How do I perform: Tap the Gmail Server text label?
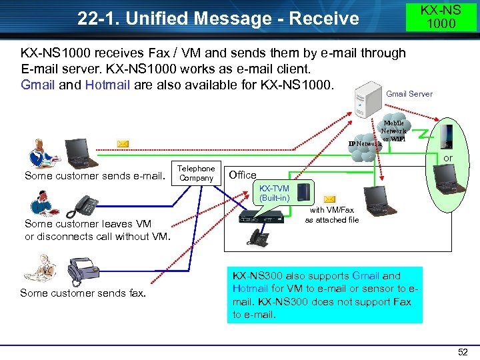(x=409, y=94)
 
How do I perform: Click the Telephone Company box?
(x=197, y=173)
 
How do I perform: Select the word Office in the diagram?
(x=242, y=175)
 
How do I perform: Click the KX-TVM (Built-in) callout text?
(x=274, y=193)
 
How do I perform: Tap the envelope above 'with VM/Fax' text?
(x=330, y=200)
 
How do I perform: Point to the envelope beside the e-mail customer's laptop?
(x=123, y=143)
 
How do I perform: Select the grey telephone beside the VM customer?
(x=85, y=205)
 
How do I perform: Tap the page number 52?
(x=463, y=352)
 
